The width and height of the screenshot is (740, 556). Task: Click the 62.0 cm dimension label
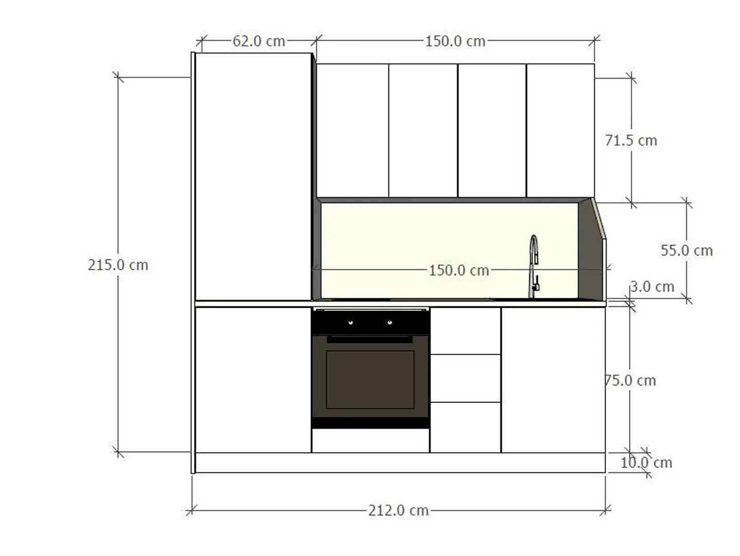pos(258,42)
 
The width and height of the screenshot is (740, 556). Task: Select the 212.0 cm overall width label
pos(398,510)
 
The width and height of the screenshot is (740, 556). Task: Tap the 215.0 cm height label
pos(118,265)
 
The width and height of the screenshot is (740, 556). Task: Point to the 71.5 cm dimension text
pos(631,140)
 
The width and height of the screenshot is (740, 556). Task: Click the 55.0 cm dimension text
pos(687,250)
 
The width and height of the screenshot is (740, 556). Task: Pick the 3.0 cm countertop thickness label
pos(652,287)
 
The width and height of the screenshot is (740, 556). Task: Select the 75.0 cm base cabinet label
pos(630,380)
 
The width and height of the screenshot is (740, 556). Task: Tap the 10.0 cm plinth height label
pos(646,462)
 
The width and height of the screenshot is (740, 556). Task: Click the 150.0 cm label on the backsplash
pos(459,270)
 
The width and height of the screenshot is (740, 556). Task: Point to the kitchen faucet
pos(533,266)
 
